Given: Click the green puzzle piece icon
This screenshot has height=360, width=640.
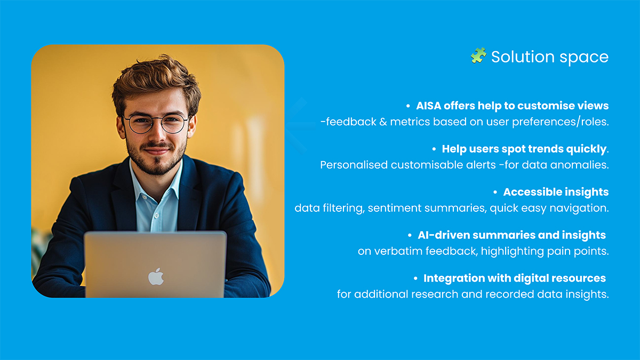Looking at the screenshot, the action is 478,55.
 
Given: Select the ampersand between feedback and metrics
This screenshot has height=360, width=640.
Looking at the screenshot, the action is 383,122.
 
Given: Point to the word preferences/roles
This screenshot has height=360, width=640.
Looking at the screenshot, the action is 560,122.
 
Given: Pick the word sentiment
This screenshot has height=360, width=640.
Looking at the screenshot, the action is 394,208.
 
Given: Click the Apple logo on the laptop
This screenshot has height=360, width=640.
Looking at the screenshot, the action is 156,277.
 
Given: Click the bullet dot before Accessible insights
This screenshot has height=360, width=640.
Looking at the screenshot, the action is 495,193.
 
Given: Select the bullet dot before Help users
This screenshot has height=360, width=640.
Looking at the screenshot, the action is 434,149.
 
